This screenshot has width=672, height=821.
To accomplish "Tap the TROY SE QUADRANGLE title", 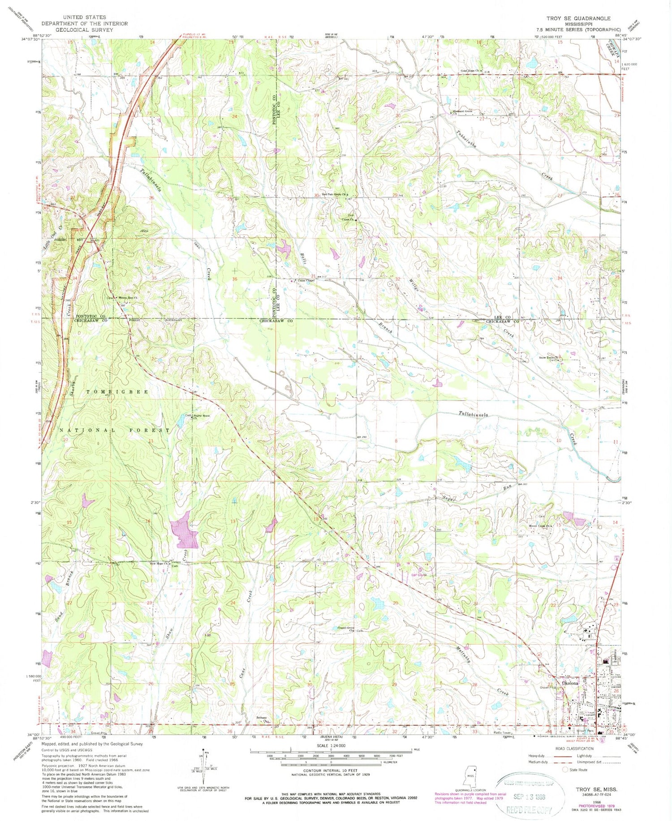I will click(578, 18).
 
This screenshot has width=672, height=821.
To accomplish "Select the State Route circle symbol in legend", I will click(565, 770).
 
